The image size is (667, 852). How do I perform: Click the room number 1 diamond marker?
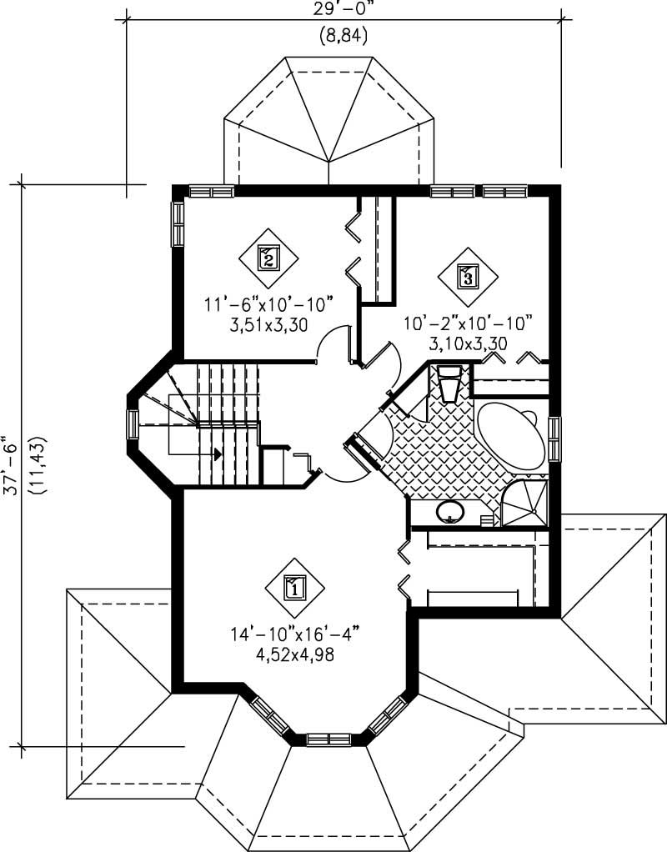tap(293, 586)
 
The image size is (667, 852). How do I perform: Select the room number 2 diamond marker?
tap(268, 258)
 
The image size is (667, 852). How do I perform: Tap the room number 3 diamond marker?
tap(468, 276)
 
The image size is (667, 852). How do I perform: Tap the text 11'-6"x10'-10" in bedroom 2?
tap(269, 306)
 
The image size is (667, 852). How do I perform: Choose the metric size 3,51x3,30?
tap(269, 326)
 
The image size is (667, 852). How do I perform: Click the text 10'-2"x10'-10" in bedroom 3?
tap(468, 323)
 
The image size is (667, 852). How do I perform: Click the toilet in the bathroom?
tap(449, 384)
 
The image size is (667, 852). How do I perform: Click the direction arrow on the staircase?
tap(218, 454)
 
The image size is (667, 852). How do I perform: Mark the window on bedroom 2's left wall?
tap(178, 223)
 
